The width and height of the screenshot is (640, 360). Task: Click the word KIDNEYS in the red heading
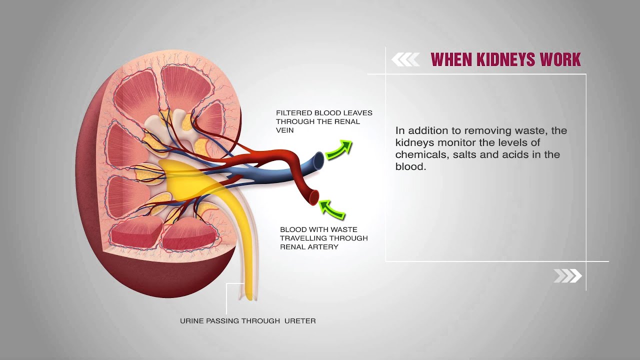(x=504, y=59)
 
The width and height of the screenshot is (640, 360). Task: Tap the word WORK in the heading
(x=559, y=59)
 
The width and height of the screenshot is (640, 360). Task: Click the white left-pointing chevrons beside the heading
(x=405, y=60)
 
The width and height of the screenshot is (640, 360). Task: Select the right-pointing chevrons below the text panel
(x=567, y=275)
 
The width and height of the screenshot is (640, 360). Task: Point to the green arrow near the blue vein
(x=339, y=149)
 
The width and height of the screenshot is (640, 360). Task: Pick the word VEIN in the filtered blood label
(x=285, y=130)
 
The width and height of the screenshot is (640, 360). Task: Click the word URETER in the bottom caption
(x=300, y=321)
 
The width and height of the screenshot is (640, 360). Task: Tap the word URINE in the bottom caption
(x=191, y=321)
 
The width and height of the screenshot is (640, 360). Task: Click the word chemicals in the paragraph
(x=422, y=155)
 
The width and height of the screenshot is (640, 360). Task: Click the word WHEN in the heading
(x=450, y=59)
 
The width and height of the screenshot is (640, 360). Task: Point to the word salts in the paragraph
(x=466, y=155)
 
